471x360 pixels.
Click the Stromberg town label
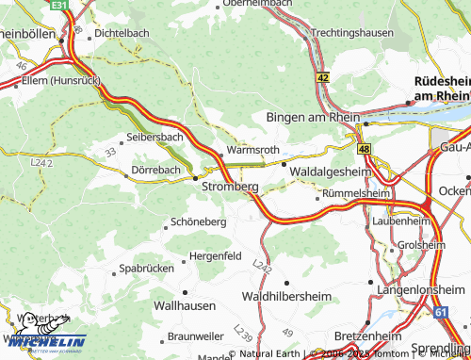click(230, 188)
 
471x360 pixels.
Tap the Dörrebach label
click(155, 170)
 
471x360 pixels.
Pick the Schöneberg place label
click(198, 221)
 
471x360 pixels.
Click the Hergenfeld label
click(216, 255)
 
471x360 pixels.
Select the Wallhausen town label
click(184, 306)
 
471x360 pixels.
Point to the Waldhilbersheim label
click(286, 296)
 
